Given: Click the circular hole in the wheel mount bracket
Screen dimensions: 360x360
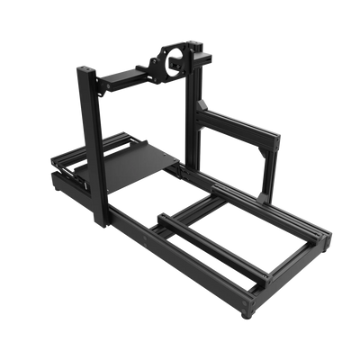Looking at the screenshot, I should [166, 64].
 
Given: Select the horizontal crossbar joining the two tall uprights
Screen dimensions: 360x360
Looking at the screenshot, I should [126, 78].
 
